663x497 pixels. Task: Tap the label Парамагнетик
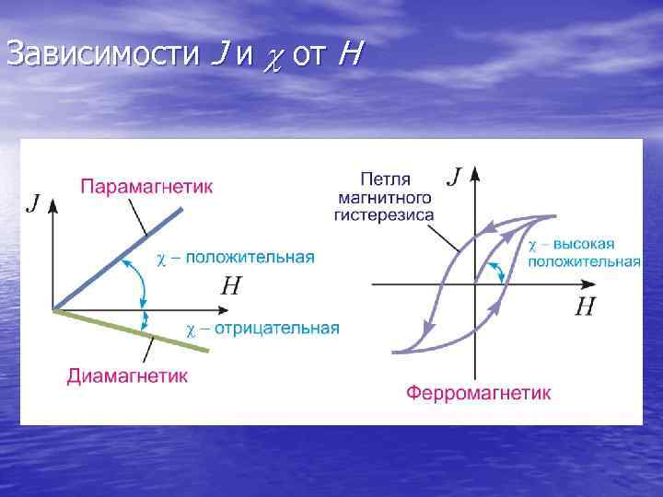147,187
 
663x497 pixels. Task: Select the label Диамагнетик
128,375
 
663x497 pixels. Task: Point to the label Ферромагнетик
479,393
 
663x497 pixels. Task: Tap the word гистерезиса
385,214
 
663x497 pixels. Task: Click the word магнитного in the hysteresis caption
384,197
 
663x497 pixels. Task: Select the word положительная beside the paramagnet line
250,258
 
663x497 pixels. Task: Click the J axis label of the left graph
34,202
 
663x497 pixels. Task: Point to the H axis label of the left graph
231,286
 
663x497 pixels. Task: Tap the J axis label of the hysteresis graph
454,175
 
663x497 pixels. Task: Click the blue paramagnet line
120,258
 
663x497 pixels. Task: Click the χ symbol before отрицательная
191,329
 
